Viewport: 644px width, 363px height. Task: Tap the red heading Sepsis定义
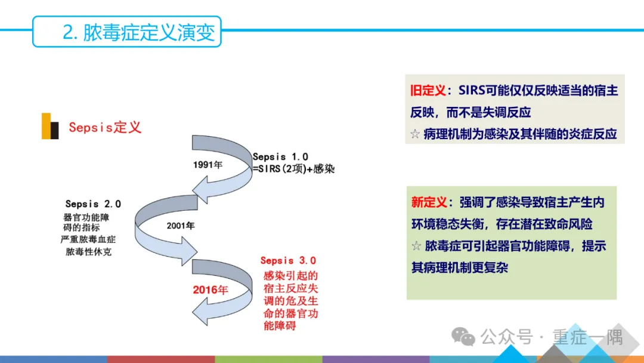click(104, 127)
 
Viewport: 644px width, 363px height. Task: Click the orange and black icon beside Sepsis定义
click(50, 126)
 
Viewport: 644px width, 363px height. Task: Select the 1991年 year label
click(208, 165)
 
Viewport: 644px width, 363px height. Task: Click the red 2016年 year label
click(210, 290)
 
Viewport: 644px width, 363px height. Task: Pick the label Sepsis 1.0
click(280, 156)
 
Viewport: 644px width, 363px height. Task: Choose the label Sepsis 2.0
click(93, 204)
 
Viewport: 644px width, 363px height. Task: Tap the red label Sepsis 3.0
click(288, 260)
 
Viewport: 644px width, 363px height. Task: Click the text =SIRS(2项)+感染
click(293, 169)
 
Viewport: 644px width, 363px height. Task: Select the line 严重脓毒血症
click(88, 239)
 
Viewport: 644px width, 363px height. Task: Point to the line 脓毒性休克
click(88, 251)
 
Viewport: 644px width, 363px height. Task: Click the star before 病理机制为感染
click(416, 134)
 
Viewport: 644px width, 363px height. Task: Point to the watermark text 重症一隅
click(587, 337)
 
